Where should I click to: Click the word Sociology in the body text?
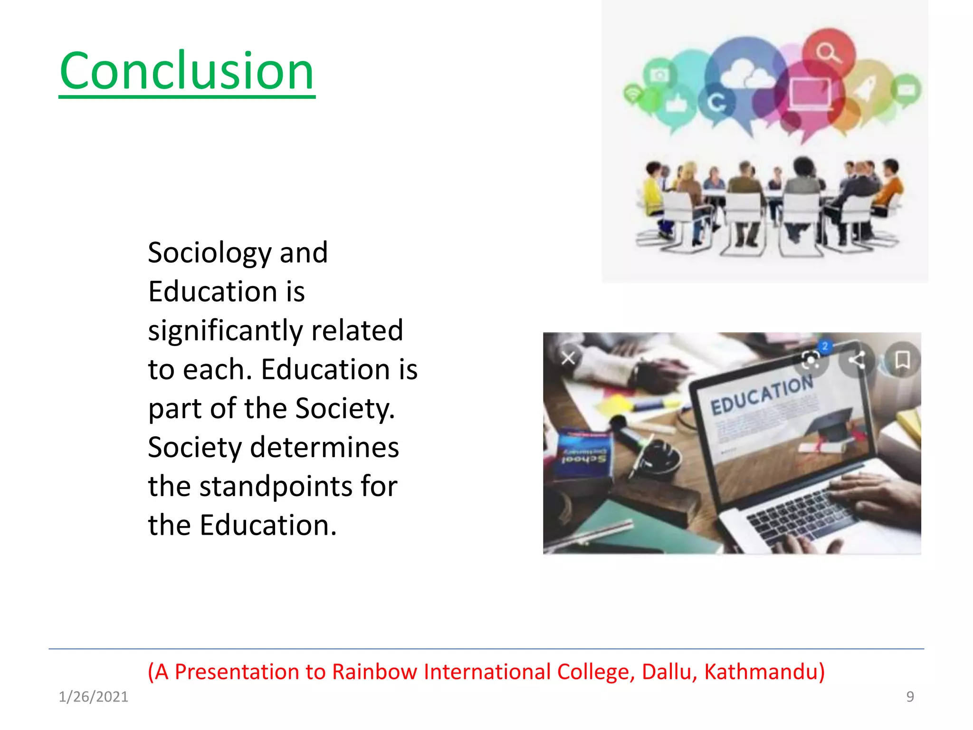pos(210,252)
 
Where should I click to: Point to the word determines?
pos(324,447)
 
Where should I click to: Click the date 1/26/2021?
pos(93,697)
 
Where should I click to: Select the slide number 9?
pos(910,697)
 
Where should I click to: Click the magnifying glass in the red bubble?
pos(828,52)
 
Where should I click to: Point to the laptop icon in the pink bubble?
pos(810,93)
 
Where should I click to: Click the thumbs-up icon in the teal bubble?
pos(676,103)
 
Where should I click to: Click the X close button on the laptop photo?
pos(568,358)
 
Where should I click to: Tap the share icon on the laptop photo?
pos(857,360)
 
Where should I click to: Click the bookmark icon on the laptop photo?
pos(902,360)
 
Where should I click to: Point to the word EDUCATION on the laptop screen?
pos(762,395)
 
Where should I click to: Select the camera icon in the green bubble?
pos(659,75)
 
